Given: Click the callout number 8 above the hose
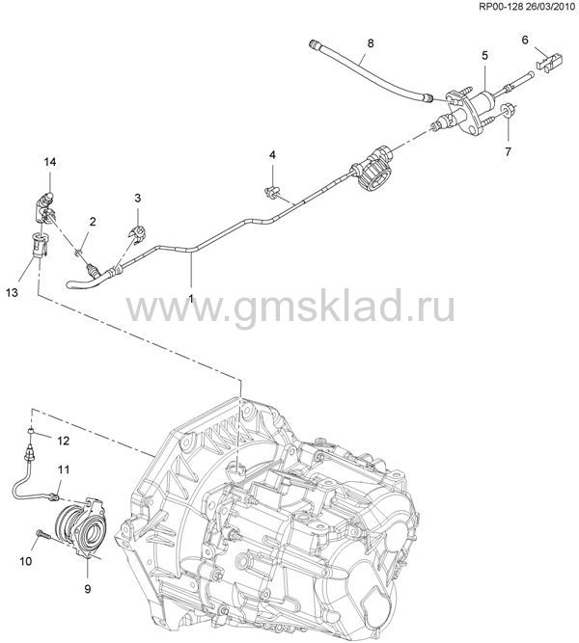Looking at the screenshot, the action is click(371, 43).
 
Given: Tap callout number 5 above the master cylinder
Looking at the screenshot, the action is click(484, 55).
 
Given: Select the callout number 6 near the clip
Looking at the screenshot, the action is click(525, 40).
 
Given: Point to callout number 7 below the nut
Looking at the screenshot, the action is click(508, 151).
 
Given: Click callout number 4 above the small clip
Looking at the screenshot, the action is click(272, 155).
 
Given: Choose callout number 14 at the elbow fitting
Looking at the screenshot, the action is click(50, 162).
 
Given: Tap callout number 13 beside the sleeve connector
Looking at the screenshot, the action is click(13, 293).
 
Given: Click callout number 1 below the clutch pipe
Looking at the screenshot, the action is click(190, 299).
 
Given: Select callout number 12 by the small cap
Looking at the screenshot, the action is click(63, 441).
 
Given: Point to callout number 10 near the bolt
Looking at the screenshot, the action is click(25, 560).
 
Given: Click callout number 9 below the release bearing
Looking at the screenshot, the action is click(88, 589).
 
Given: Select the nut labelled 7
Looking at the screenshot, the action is click(508, 110).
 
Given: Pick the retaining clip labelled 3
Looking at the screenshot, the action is click(138, 234).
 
